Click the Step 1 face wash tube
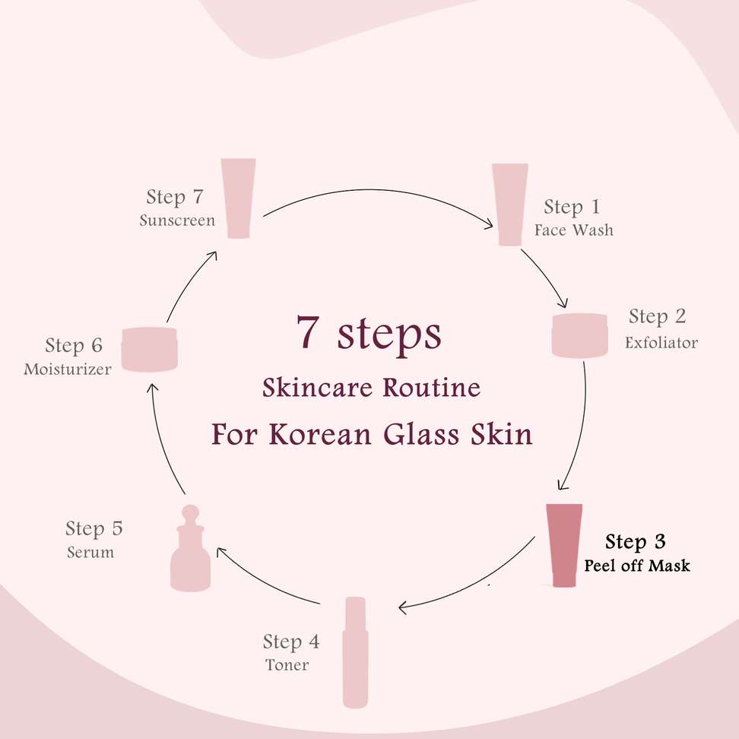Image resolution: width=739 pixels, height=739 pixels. coord(509,205)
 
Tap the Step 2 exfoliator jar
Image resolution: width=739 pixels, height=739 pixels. coord(579,335)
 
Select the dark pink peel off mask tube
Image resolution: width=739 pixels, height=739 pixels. coord(564,545)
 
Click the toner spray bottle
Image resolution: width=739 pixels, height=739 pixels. coord(355,652)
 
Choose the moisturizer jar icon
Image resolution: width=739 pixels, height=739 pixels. coord(150,349)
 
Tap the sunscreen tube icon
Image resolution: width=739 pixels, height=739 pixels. coord(239,198)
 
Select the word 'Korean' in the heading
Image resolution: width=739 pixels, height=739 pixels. coord(320,435)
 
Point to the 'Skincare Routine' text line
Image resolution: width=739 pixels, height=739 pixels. coord(371,388)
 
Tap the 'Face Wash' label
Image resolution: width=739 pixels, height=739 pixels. coord(573,230)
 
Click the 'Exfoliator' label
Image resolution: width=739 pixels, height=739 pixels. coord(661,343)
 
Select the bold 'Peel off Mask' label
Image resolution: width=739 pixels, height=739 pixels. coord(636,565)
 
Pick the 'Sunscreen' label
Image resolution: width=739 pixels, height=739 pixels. coord(177,220)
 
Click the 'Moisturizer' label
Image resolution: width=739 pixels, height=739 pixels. coord(68,369)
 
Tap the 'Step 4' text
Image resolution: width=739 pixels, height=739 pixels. coord(291,642)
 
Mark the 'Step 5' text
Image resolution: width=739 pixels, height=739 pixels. coord(94,528)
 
